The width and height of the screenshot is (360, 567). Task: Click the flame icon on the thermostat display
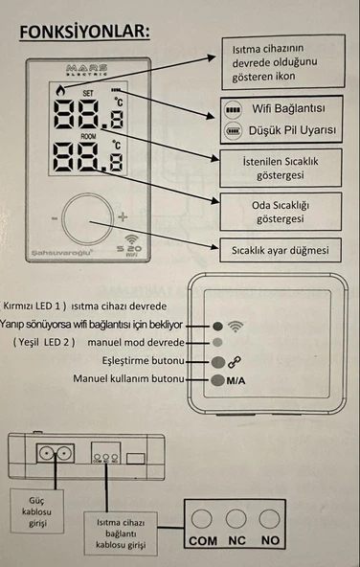click(x=62, y=93)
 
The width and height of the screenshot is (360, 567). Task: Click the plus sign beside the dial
click(x=122, y=217)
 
